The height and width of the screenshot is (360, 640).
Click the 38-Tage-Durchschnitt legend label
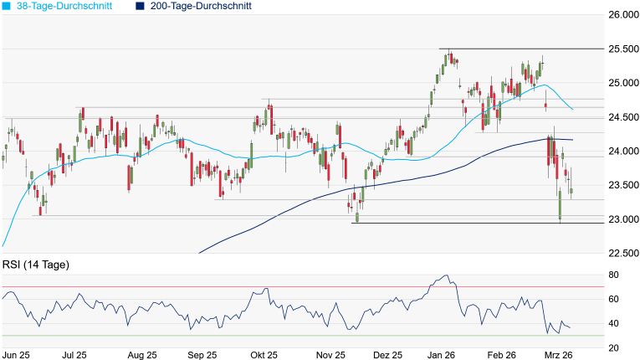tap(69, 6)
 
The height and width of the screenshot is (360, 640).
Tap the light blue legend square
tap(7, 6)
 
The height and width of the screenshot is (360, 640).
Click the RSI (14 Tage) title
tap(35, 265)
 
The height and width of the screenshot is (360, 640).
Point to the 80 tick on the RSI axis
tap(613, 275)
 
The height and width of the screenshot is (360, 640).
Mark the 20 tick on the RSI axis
tap(613, 347)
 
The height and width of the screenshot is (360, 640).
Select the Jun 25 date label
tap(16, 355)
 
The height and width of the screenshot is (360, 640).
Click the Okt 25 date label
tap(264, 355)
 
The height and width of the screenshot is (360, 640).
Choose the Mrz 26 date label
tap(558, 355)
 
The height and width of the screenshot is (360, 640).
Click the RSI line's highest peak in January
tap(447, 275)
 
